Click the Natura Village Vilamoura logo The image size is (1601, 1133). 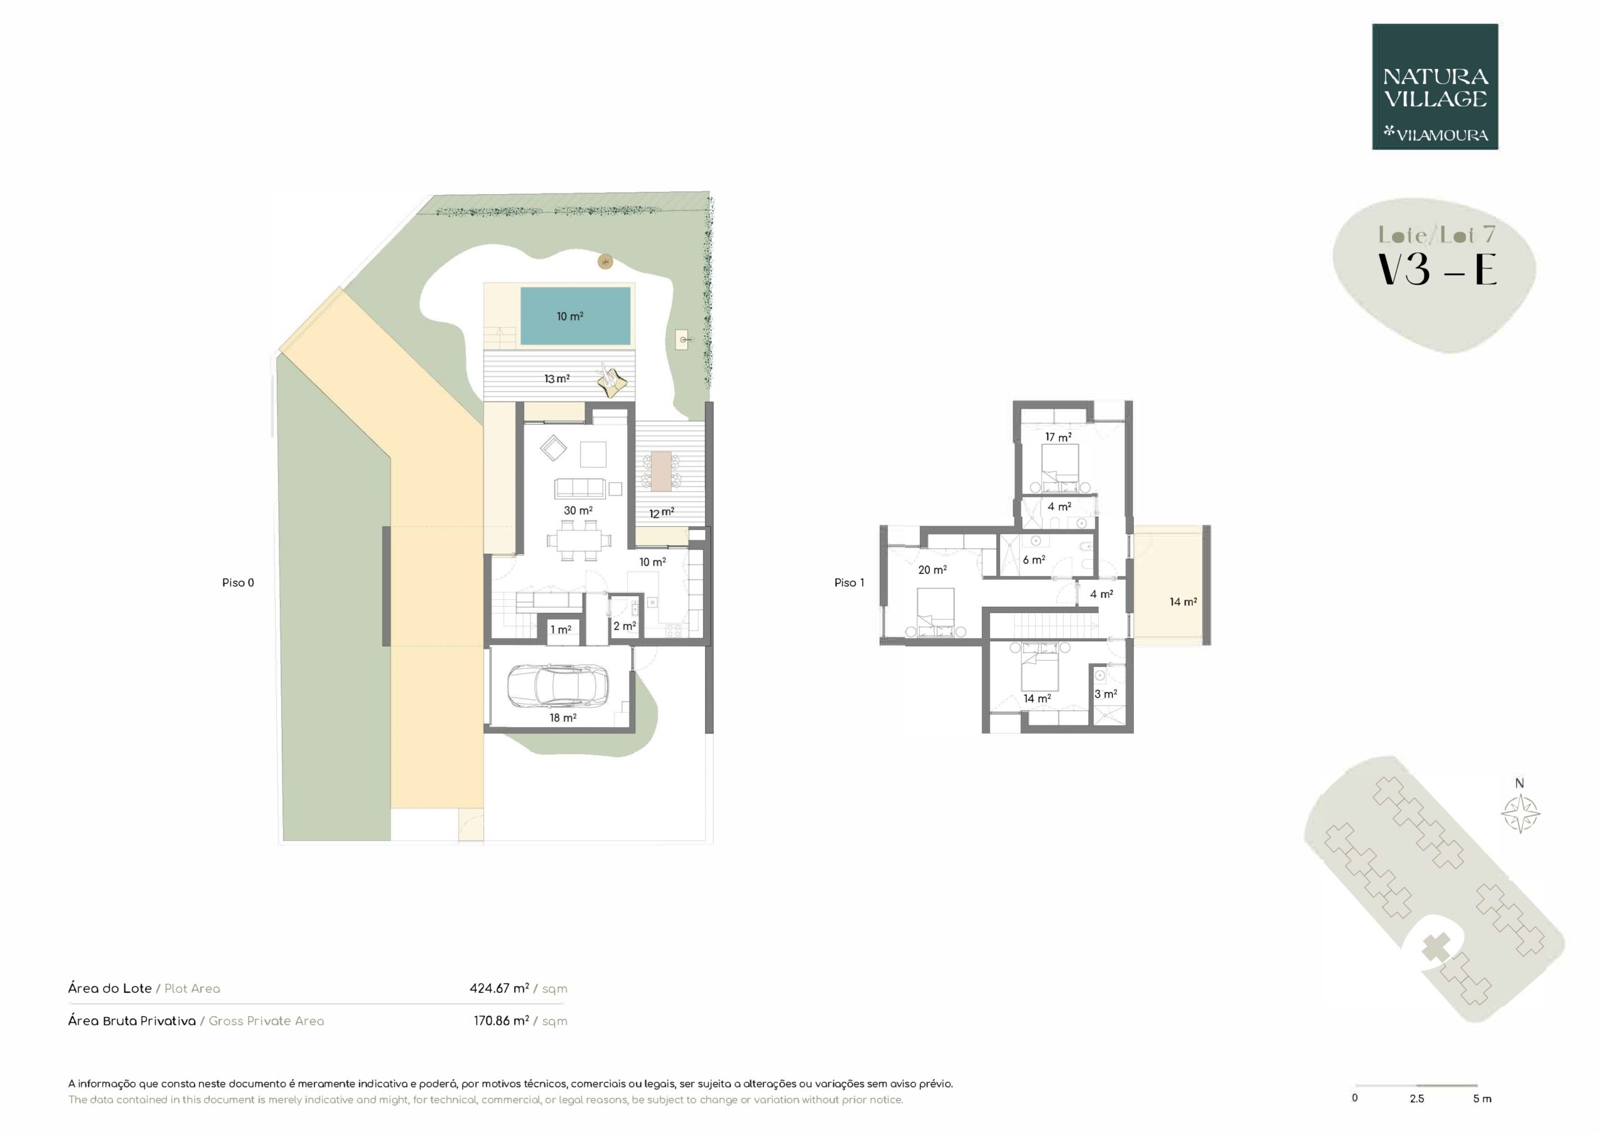[1435, 86]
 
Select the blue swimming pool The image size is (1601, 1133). [575, 317]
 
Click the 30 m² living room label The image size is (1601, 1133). [578, 511]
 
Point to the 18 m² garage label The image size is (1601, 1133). [563, 718]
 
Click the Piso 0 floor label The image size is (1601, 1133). [238, 582]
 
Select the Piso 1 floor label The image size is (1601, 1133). [849, 582]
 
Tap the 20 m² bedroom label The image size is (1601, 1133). [932, 570]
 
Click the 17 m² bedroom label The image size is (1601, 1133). [1058, 437]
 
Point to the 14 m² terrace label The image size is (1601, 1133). [1183, 601]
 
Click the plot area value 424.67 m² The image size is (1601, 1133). [499, 988]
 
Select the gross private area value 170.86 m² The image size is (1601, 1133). [502, 1020]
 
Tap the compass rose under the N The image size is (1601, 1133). [1520, 813]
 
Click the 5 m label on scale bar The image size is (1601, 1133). [1482, 1099]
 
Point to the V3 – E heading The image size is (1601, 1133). [1438, 270]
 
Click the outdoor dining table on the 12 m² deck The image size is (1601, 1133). [661, 471]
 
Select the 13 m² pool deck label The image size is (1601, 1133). [557, 379]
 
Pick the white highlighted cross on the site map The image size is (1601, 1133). [1437, 947]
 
